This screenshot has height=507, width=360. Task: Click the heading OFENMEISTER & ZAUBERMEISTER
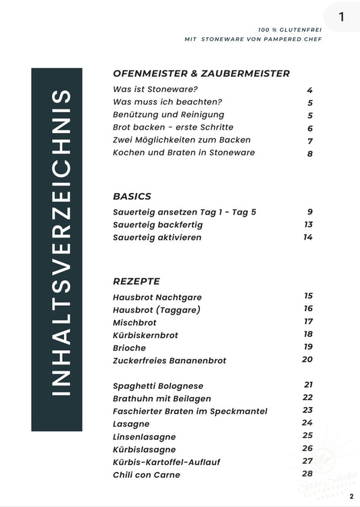pos(201,74)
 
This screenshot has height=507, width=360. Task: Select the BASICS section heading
pos(132,196)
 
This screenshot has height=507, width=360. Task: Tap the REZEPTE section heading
pos(136,281)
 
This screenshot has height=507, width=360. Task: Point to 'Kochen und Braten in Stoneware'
pos(184,153)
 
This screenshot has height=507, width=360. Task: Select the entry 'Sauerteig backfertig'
pos(157,225)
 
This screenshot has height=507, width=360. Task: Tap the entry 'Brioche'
pos(130,348)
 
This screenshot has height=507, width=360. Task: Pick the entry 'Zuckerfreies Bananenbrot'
pos(170,361)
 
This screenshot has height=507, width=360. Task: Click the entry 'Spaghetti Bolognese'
pos(158,385)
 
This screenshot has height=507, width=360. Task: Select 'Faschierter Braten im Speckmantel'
pos(190,411)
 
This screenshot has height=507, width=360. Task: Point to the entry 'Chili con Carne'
pos(147,475)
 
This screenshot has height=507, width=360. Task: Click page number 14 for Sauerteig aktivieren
pos(308,237)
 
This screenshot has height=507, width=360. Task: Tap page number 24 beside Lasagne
pos(308,423)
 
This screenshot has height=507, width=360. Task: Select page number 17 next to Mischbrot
pos(308,321)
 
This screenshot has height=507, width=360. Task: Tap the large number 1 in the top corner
pos(342,18)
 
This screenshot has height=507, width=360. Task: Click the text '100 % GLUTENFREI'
pos(290,30)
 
